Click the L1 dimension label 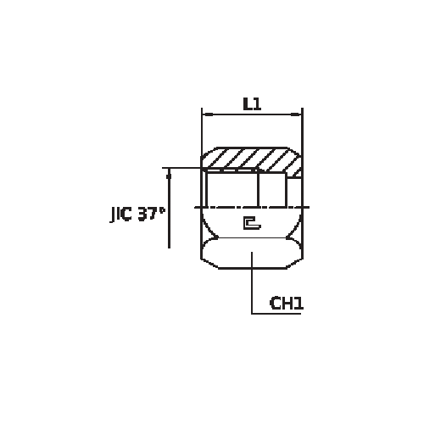point(251,104)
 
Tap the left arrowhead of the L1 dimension point(204,113)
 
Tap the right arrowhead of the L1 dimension point(299,113)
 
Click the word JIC point(121,215)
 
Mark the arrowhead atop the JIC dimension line point(170,172)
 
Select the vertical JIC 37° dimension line point(170,212)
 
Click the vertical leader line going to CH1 point(252,284)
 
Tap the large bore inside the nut point(231,188)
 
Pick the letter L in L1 point(246,104)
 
